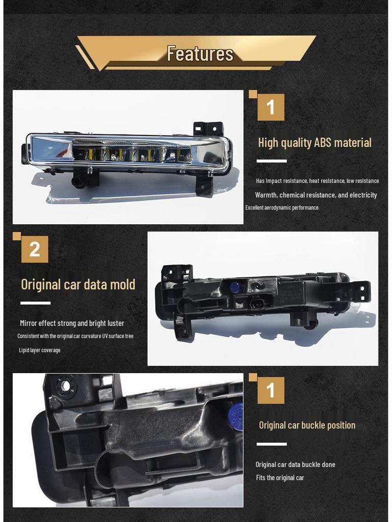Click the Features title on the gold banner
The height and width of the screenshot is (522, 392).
click(200, 54)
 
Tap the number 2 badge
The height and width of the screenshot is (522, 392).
click(35, 249)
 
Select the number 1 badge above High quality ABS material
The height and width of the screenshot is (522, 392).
click(271, 108)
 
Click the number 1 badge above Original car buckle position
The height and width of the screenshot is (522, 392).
click(271, 390)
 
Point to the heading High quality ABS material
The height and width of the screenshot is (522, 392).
click(314, 143)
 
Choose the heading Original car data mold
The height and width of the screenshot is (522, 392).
click(78, 284)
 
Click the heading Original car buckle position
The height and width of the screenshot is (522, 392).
click(307, 425)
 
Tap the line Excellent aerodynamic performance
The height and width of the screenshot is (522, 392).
click(282, 207)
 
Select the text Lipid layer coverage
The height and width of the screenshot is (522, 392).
click(40, 350)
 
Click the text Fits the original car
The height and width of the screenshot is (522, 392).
click(280, 478)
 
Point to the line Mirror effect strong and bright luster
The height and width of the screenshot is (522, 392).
click(72, 323)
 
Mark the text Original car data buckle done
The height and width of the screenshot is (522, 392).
click(295, 464)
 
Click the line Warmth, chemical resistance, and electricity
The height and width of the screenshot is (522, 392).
click(316, 195)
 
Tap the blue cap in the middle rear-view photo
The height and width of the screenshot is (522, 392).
click(235, 287)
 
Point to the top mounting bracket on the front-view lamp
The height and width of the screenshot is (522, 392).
click(208, 128)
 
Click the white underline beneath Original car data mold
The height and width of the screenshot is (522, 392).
click(35, 303)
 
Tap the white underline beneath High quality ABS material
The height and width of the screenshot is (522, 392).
click(272, 161)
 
